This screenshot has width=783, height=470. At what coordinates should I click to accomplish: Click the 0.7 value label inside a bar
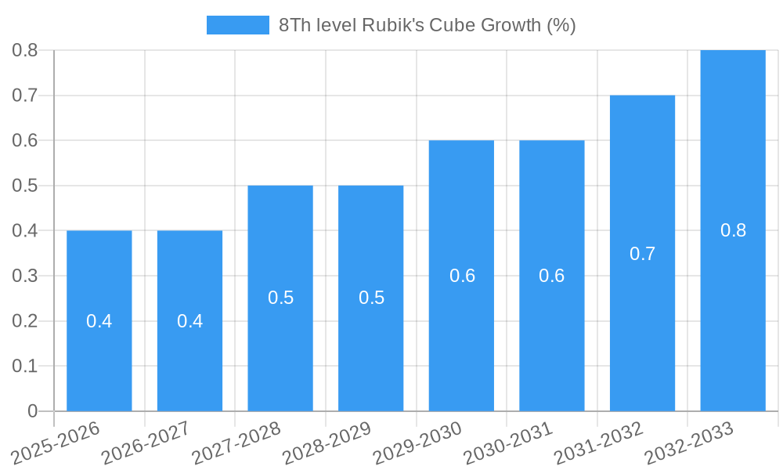pyautogui.click(x=642, y=254)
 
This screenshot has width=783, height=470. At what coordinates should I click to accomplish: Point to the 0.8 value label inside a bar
pyautogui.click(x=733, y=230)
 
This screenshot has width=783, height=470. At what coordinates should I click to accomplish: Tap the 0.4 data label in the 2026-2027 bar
pyautogui.click(x=189, y=321)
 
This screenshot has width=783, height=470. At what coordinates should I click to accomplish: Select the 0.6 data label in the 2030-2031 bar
pyautogui.click(x=551, y=276)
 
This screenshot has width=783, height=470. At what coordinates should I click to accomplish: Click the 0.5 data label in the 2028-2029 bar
pyautogui.click(x=371, y=298)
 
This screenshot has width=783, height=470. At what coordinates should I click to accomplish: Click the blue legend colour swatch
pyautogui.click(x=237, y=25)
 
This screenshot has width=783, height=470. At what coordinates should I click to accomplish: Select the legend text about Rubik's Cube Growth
pyautogui.click(x=428, y=25)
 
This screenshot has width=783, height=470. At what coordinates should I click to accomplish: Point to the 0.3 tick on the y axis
pyautogui.click(x=27, y=276)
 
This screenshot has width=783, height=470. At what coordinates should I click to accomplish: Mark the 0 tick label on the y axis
pyautogui.click(x=32, y=411)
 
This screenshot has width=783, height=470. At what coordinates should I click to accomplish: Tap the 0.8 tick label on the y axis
pyautogui.click(x=27, y=50)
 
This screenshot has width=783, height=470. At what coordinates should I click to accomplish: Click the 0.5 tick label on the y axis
pyautogui.click(x=27, y=186)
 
